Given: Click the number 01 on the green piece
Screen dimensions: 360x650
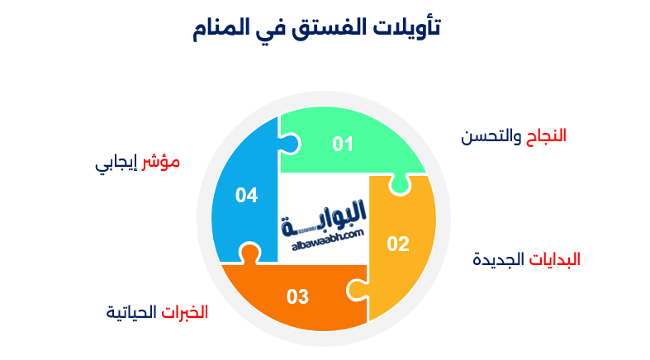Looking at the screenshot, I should pos(343,144).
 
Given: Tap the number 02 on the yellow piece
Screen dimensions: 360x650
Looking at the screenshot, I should pos(398,244).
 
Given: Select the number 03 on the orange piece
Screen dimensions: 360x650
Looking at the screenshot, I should pos(297,296).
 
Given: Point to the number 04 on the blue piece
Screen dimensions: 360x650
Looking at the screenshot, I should pos(246,195).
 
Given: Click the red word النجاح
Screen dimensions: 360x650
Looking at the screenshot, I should pos(547,135).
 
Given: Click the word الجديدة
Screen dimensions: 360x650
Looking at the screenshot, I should pos(498,258).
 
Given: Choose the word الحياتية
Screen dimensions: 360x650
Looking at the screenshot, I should pos(131,312).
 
